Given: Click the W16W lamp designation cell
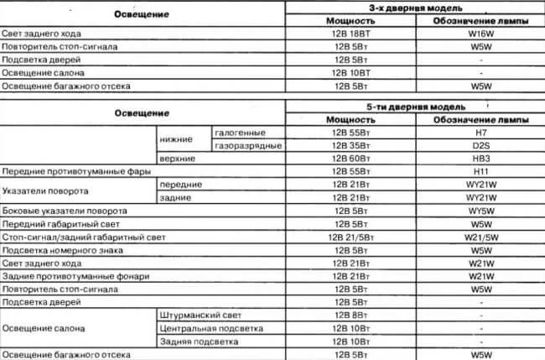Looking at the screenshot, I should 480,34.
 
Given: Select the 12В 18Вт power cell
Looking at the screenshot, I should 348,34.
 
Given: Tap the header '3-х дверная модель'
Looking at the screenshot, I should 414,7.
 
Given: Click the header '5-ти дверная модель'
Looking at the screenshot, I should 414,107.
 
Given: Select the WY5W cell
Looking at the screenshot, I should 480,211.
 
